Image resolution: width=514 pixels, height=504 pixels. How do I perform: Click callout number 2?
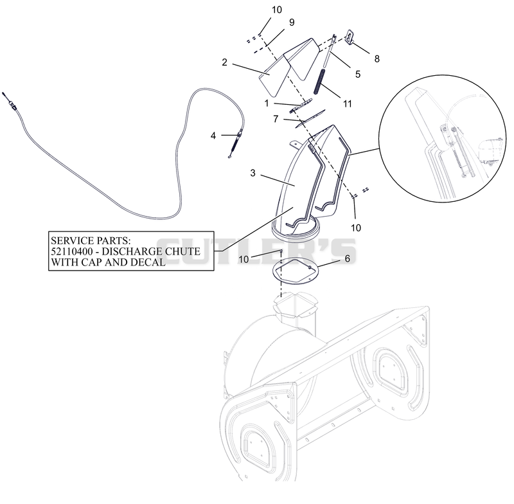tap(224, 62)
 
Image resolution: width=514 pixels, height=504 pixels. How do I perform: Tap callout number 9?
tap(292, 22)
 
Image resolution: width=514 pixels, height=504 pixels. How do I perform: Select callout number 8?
tap(377, 59)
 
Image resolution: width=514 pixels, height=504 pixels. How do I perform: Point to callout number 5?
tap(358, 74)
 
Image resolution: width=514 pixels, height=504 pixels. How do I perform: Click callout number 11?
tap(348, 104)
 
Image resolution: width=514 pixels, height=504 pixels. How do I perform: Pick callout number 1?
tap(267, 104)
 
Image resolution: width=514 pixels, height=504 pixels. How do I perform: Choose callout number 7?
tap(276, 119)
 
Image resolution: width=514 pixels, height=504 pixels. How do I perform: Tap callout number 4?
tap(213, 136)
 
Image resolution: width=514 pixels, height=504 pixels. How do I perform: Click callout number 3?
tap(253, 173)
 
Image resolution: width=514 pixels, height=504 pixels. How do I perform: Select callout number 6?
tap(348, 258)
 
